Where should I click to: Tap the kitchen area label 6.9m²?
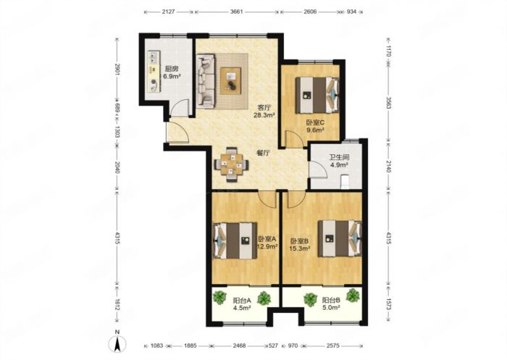pos(172,77)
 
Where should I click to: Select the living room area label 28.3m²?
pos(264,114)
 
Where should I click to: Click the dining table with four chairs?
pos(232,165)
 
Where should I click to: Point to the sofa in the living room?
pos(205,81)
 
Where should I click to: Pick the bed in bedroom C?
pos(317,95)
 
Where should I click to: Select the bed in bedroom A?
pos(235,240)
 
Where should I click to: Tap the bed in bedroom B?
pos(340,238)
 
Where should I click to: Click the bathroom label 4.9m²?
pos(339,165)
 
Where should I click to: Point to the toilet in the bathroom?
pos(345,182)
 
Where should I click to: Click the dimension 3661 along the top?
pos(237,12)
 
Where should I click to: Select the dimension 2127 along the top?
pos(168,12)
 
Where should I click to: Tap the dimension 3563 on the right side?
pos(389,103)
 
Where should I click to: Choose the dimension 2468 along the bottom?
pos(239,346)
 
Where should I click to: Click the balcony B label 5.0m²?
pos(331,308)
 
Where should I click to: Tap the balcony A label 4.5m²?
pos(242,308)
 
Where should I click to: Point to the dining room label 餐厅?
pos(263,154)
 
